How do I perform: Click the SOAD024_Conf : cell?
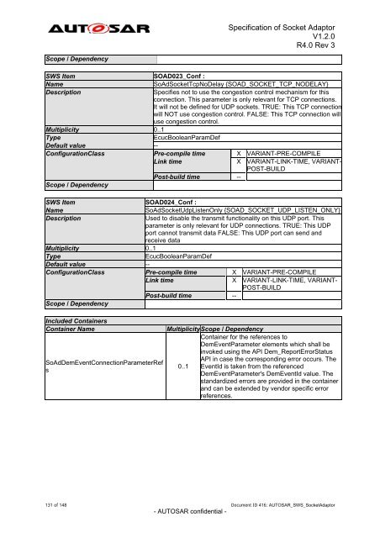172,203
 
